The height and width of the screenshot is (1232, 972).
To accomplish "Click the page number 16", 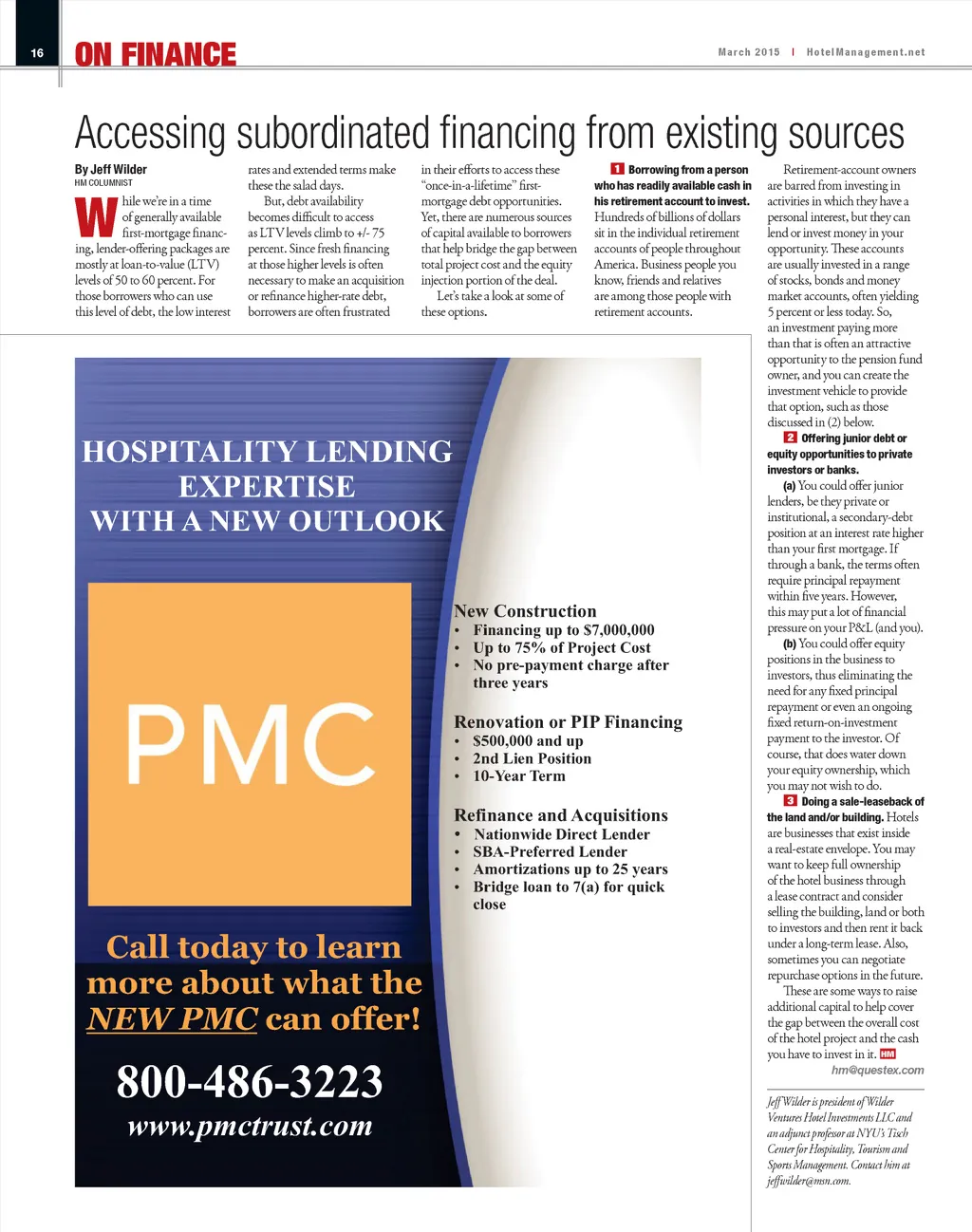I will [37, 53].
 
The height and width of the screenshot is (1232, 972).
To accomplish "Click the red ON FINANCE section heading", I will [156, 55].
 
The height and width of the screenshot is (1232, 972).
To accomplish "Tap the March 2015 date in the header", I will [749, 52].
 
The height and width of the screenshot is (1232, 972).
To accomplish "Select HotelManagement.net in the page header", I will [865, 52].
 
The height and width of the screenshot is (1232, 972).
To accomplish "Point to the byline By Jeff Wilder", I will [111, 169].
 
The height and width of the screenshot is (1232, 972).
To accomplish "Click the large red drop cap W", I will [96, 217].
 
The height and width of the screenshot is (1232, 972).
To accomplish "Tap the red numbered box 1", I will [617, 169].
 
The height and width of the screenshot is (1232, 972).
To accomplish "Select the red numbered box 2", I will [790, 438].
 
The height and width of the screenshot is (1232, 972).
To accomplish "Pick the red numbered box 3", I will [790, 801].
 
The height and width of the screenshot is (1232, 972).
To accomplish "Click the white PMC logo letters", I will [251, 744].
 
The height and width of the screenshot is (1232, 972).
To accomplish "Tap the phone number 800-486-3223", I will [250, 1081].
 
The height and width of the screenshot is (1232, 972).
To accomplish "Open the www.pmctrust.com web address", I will [250, 1127].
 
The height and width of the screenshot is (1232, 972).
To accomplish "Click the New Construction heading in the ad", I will [525, 611].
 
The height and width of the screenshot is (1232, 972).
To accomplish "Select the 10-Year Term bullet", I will [518, 775].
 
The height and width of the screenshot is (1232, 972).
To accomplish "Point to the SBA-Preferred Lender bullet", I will [550, 851].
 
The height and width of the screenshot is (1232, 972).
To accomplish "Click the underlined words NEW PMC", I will [172, 1018].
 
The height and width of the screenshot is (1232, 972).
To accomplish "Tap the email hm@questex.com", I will [877, 1070].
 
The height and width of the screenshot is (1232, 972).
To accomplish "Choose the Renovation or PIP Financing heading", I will [568, 722].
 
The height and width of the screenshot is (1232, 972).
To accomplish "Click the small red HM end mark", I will [888, 1054].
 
